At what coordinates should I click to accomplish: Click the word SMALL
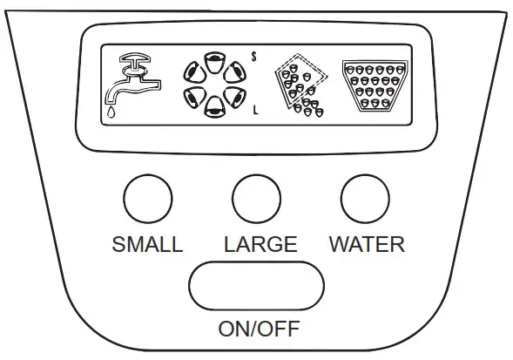147,244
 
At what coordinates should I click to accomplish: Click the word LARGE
260,244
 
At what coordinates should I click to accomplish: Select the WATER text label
367,244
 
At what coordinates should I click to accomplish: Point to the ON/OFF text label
257,329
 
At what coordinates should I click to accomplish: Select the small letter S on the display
253,55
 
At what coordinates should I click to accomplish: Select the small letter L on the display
254,110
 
